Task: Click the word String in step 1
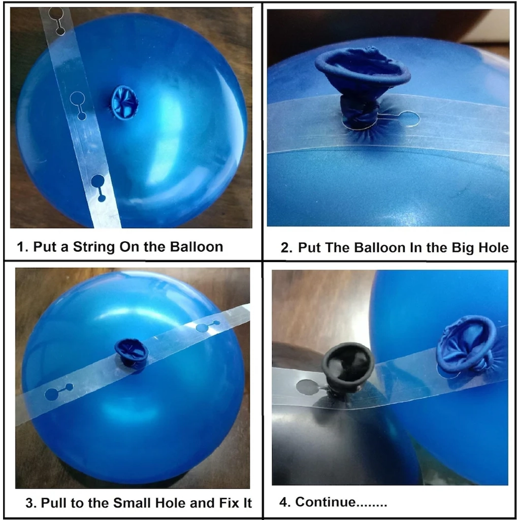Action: (94, 247)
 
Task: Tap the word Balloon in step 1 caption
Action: (197, 247)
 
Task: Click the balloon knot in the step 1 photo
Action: (124, 102)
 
